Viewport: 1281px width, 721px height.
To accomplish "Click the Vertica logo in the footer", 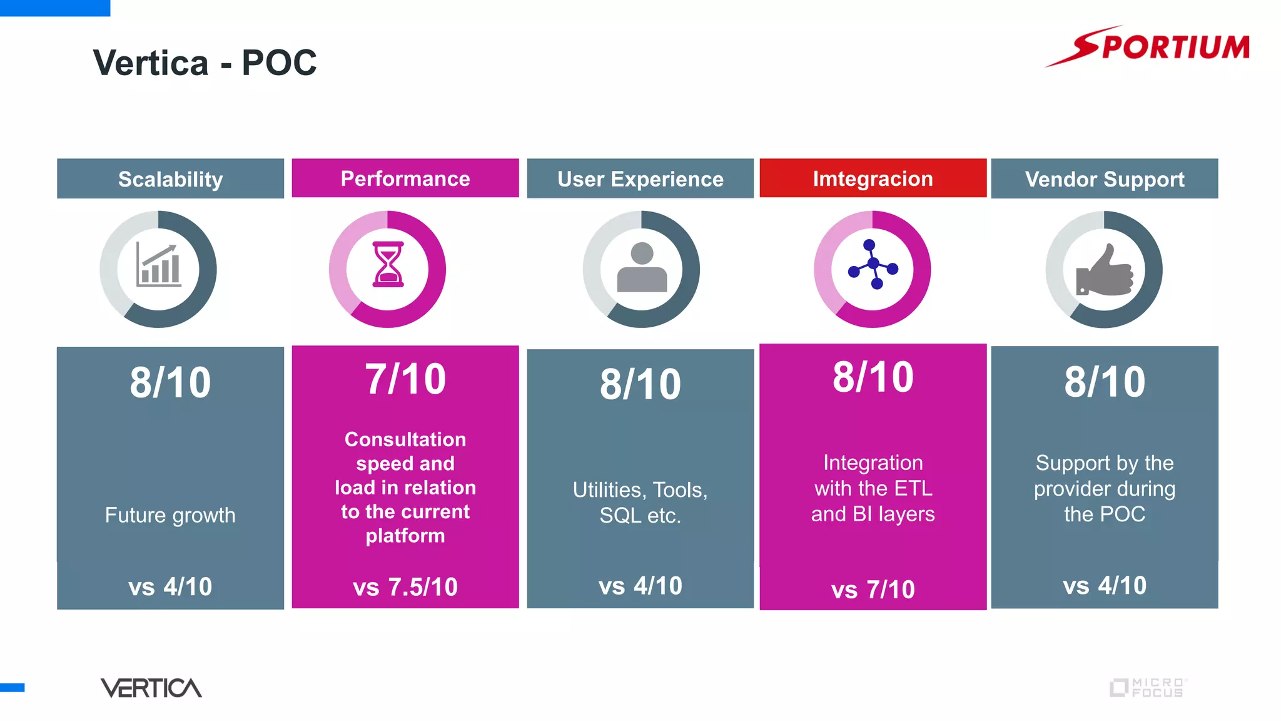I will click(151, 688).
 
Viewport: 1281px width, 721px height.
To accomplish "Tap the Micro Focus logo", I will click(1148, 687).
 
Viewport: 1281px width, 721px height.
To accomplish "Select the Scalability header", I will click(170, 179).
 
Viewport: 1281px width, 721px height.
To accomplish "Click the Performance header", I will click(405, 178).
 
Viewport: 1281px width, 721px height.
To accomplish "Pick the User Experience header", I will click(640, 179).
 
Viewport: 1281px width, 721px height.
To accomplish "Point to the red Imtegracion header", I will click(873, 178).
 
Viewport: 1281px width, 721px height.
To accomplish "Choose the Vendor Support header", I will click(1104, 179).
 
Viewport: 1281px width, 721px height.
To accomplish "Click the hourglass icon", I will click(388, 265).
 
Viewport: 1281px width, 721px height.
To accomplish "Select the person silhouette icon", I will click(642, 268).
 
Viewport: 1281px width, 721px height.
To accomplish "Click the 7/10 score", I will click(405, 379).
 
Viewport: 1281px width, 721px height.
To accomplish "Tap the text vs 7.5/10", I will click(405, 587).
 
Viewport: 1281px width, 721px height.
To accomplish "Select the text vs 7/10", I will click(873, 589).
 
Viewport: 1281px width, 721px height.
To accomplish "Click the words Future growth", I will click(170, 515).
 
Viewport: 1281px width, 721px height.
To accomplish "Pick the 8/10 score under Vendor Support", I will click(1105, 382).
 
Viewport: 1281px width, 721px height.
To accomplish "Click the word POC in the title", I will click(279, 63).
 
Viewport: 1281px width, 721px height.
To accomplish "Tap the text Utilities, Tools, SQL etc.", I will click(640, 502).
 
